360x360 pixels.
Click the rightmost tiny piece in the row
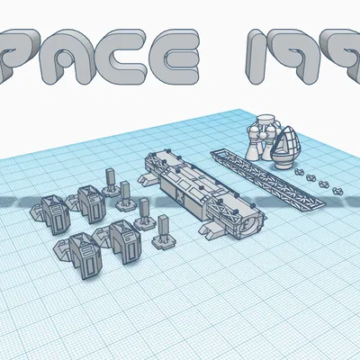(339, 192)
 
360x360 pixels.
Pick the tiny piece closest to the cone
(300, 170)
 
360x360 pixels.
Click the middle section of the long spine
(189, 184)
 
